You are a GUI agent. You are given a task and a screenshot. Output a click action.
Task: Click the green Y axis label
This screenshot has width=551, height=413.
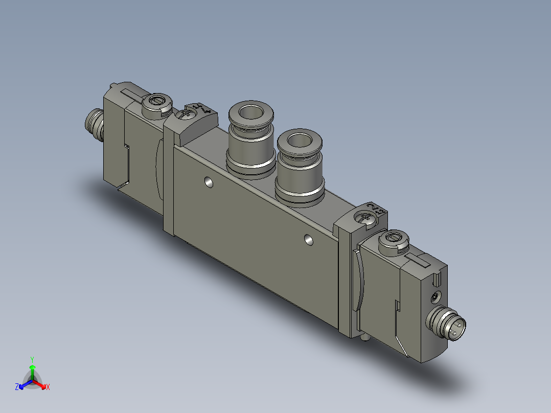(x=32, y=359)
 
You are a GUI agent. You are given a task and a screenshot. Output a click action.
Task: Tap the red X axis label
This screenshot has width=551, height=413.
(x=48, y=387)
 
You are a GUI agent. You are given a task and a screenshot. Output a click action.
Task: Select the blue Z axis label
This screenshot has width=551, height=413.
(x=17, y=387)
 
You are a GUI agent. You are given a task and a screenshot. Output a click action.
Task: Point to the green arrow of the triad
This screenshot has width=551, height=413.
(x=32, y=369)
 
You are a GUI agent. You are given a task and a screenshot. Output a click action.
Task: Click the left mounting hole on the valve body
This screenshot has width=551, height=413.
(x=208, y=181)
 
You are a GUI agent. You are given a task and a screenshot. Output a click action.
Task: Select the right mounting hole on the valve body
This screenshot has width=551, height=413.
(x=308, y=239)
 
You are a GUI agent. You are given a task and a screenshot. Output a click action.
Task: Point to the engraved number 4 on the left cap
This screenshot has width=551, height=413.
(x=206, y=109)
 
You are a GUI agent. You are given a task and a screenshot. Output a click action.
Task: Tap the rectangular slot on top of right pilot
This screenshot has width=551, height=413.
(x=422, y=262)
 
